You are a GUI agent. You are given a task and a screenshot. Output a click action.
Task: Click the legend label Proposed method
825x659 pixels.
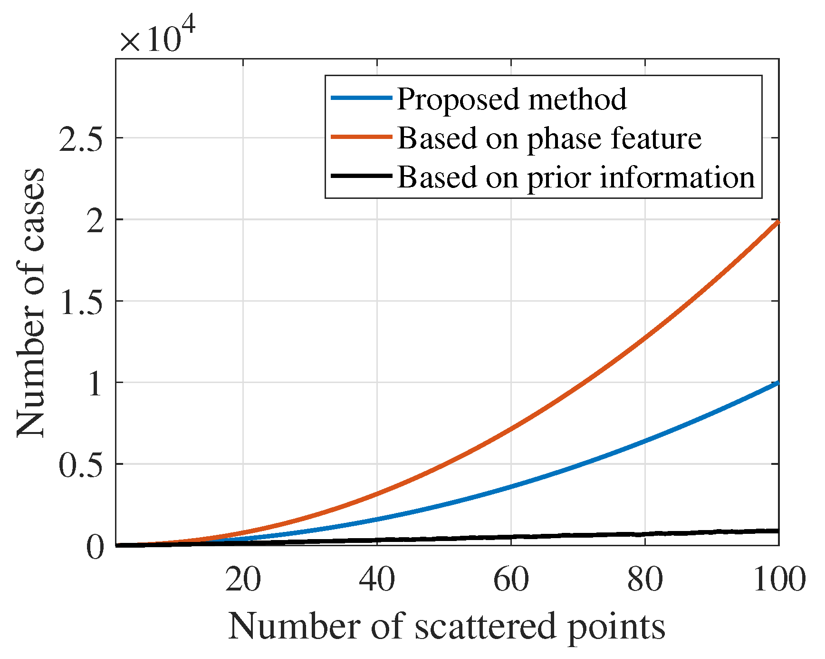[x=511, y=99]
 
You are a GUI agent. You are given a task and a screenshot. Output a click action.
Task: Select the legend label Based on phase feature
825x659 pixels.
[x=549, y=138]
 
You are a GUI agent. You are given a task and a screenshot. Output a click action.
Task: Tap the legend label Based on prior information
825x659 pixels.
[x=576, y=177]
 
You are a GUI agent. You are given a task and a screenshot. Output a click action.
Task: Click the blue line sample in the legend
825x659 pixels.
[x=361, y=98]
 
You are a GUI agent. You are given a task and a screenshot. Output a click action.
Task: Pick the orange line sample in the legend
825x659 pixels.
[x=361, y=137]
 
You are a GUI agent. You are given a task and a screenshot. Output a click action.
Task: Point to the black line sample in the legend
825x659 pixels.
[x=361, y=176]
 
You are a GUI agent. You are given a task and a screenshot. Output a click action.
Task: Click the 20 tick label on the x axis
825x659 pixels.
[x=243, y=580]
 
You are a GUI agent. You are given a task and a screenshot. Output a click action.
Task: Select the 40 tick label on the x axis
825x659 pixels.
[x=377, y=580]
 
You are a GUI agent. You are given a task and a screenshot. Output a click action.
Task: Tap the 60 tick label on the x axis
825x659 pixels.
[x=511, y=580]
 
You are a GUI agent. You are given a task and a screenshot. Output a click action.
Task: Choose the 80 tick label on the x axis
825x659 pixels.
[x=645, y=580]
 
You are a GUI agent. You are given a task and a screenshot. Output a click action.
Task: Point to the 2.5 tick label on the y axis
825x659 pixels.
[x=81, y=138]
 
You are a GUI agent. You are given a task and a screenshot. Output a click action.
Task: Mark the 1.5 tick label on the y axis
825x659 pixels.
[x=81, y=301]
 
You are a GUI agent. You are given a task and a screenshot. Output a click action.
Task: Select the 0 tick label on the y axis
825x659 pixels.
[x=95, y=546]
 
